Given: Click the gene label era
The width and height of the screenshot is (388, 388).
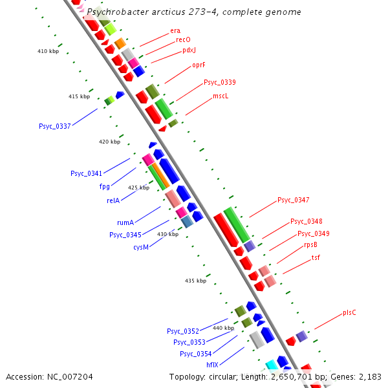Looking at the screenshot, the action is tap(175, 30).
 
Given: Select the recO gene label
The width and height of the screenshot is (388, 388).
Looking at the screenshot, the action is tap(183, 40).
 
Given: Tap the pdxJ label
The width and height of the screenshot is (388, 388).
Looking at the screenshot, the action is tap(189, 50).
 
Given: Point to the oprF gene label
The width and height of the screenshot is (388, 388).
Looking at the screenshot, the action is tap(199, 65).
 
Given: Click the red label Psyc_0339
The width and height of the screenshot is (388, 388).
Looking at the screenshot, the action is tap(220, 82).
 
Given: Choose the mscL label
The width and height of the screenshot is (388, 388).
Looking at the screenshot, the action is tap(221, 96).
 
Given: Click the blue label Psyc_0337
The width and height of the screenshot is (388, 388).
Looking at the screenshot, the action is tap(55, 126).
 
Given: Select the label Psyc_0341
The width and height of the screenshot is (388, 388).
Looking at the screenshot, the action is tap(86, 173).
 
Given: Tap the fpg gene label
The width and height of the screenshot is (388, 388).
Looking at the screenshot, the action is tap(104, 186).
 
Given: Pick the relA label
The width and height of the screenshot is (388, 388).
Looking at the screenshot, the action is tap(113, 200).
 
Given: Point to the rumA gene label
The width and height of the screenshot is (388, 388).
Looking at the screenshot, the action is tap(125, 222).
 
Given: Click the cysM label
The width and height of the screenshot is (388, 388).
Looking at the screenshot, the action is tap(142, 247).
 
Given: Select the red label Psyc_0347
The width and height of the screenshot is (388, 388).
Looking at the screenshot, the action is tap(294, 200).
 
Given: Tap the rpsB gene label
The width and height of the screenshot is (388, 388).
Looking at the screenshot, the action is tap(310, 244).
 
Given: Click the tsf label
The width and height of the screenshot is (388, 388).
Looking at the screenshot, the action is tap(316, 257).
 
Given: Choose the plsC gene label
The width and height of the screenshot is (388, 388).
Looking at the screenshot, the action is tap(349, 313).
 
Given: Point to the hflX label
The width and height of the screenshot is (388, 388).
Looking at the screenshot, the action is tap(212, 365).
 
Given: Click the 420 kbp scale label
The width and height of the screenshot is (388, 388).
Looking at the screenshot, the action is tap(109, 142).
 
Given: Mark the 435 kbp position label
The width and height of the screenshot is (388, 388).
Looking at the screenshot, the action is tap(195, 281).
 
